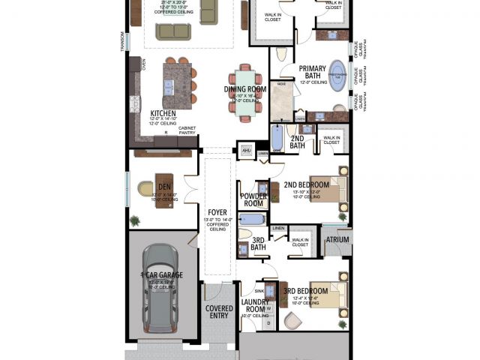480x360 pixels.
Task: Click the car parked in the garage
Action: tap(160, 290)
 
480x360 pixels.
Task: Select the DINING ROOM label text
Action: tap(244, 90)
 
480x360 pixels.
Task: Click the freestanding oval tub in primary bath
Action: tap(337, 76)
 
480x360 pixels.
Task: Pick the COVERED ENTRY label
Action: tap(219, 312)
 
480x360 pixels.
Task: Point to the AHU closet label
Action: tap(246, 149)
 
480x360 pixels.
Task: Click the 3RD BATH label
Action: tap(259, 244)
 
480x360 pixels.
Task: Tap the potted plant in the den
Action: tap(135, 220)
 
